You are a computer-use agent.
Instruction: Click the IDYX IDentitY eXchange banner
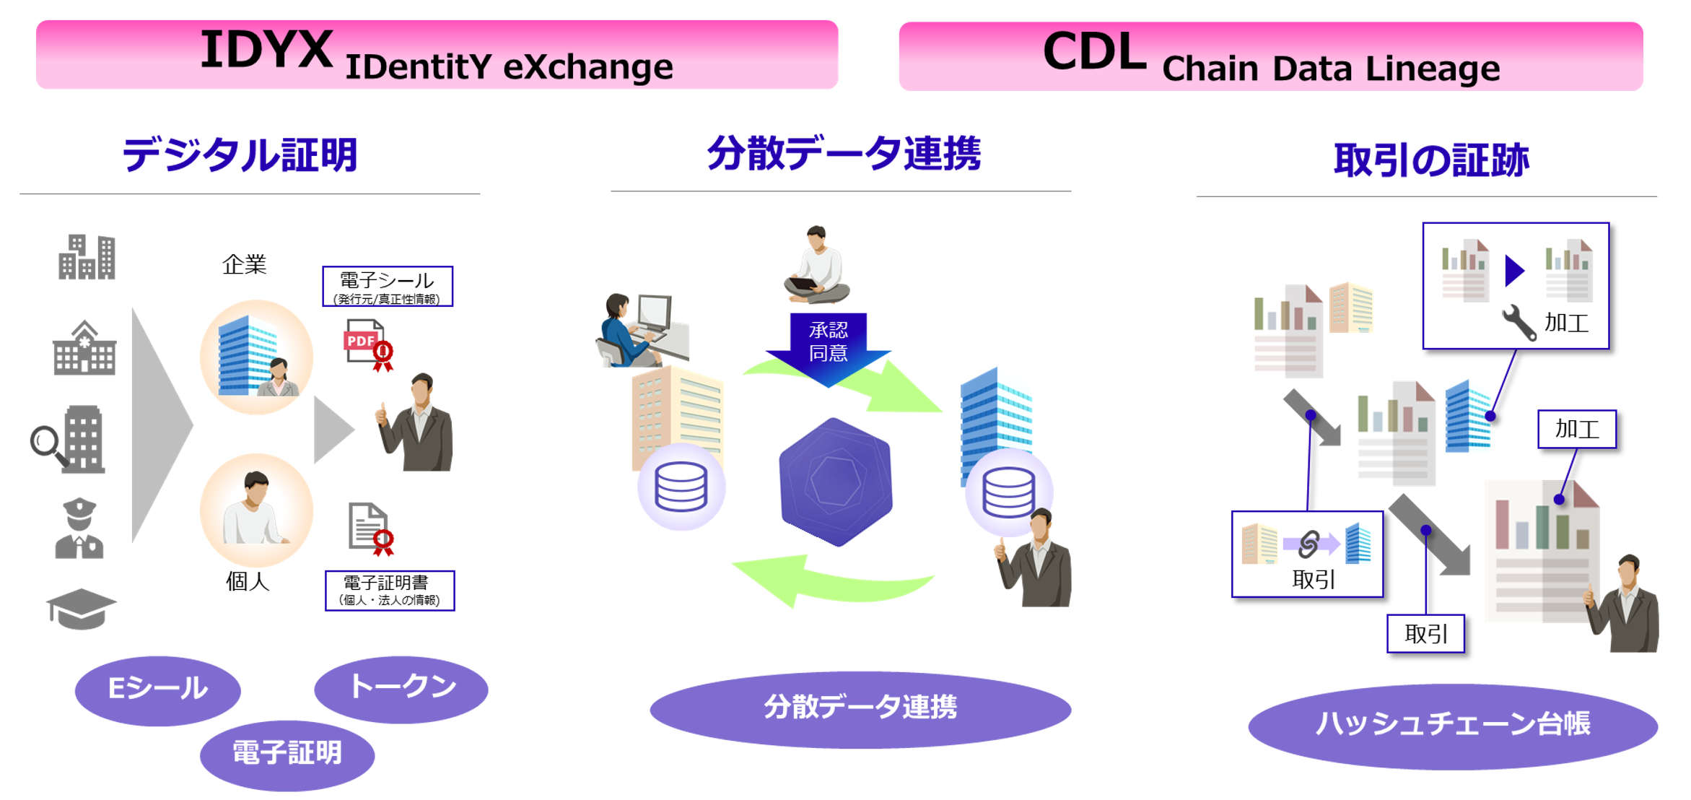(x=437, y=55)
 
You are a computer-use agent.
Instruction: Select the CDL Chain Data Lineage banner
(x=1270, y=56)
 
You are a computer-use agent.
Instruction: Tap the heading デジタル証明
(x=240, y=155)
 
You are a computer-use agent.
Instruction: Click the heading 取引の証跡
(x=1430, y=160)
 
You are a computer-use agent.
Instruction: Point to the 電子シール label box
(x=388, y=287)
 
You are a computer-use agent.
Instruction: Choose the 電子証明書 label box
(x=389, y=590)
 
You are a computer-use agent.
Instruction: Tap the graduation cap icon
(x=80, y=608)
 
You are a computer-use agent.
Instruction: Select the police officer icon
(x=79, y=528)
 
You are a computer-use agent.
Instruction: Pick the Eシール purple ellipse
(x=157, y=690)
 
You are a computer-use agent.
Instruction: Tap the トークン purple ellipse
(x=401, y=688)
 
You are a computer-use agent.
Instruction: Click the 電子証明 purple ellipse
(x=287, y=754)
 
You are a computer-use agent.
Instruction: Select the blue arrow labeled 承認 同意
(x=828, y=345)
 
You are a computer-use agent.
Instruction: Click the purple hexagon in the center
(x=836, y=482)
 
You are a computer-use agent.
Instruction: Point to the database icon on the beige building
(x=681, y=487)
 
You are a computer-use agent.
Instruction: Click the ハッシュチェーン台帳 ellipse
(x=1452, y=724)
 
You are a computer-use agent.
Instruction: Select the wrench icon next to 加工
(x=1519, y=322)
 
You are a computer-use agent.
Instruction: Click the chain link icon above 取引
(x=1308, y=544)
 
